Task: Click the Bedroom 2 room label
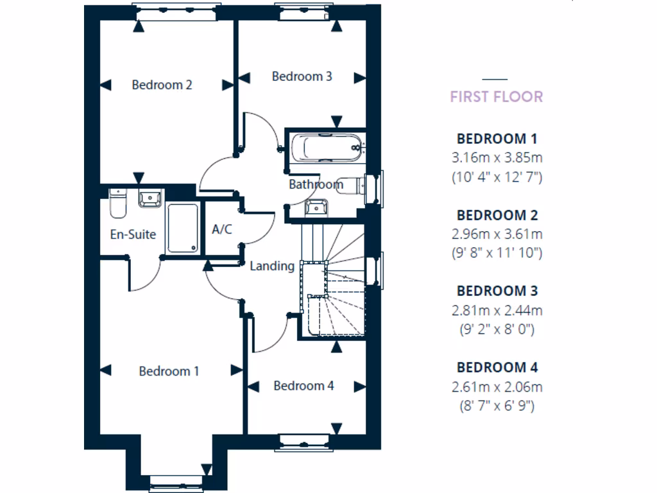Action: coord(162,85)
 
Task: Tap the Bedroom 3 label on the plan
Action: coord(302,76)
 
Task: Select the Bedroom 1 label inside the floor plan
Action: coord(169,371)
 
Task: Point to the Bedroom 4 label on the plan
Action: coord(303,386)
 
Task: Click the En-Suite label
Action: coord(133,234)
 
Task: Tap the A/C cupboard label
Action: coord(221,229)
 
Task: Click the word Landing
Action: coord(272,266)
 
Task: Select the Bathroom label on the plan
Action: coord(316,184)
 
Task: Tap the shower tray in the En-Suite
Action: coord(183,229)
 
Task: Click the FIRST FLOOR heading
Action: coord(496,97)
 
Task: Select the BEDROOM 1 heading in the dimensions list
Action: coord(497,138)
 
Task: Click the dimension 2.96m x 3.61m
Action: coord(497,234)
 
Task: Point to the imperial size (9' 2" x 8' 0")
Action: coord(497,329)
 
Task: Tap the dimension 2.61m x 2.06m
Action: coord(497,386)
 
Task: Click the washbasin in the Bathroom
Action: coord(316,207)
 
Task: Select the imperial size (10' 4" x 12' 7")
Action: coord(497,177)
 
